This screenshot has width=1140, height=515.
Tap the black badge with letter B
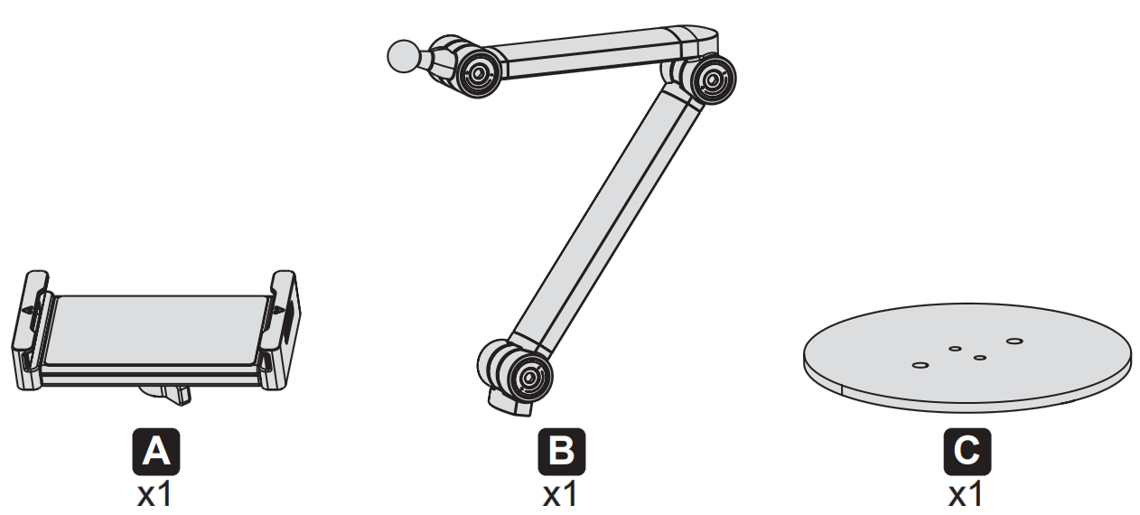[561, 453]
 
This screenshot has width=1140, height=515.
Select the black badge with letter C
[966, 453]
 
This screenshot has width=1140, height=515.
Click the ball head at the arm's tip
[401, 57]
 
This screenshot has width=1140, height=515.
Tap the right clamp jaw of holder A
[283, 325]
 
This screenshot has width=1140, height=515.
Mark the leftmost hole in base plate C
[920, 365]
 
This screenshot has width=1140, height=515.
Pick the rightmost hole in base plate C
[1014, 342]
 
